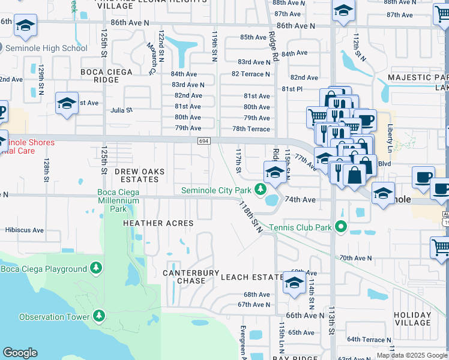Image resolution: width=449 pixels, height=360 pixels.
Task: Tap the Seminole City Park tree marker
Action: click(x=260, y=190)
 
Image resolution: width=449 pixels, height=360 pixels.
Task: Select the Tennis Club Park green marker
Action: click(x=341, y=227)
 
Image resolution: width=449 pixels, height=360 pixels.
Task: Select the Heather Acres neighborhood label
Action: click(x=158, y=223)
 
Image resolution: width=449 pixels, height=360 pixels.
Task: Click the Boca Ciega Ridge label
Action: click(x=109, y=76)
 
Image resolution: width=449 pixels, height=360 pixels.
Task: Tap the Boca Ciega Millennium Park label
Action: click(x=119, y=200)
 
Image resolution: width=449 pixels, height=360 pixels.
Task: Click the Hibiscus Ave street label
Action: click(x=24, y=230)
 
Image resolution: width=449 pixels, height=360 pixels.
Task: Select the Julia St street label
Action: click(x=121, y=110)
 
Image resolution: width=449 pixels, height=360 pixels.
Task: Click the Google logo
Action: click(x=20, y=353)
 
